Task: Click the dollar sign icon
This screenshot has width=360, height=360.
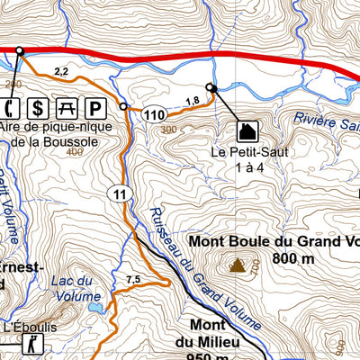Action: (x=37, y=109)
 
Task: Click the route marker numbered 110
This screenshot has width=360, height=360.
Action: (x=153, y=114)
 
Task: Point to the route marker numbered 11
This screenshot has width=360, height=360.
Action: (x=119, y=193)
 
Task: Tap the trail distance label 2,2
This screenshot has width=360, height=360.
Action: (x=61, y=70)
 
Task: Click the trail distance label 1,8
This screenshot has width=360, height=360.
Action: (x=191, y=101)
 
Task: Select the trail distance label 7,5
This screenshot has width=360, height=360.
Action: (x=133, y=279)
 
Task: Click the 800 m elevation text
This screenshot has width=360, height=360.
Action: (x=298, y=258)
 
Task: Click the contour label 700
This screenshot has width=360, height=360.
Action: (x=256, y=267)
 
